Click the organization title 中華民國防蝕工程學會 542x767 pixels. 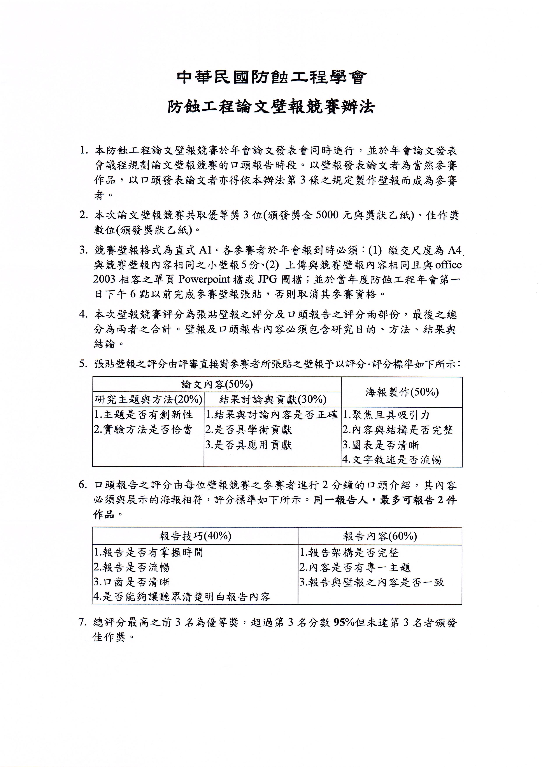click(271, 78)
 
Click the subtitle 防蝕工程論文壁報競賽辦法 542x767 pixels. click(271, 107)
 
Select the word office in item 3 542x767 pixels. click(448, 265)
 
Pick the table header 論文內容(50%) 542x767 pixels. click(217, 384)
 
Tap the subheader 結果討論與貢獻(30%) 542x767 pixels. click(273, 399)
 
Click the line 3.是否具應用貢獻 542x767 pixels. click(249, 445)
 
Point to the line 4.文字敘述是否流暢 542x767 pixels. click(392, 460)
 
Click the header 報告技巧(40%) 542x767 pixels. click(195, 536)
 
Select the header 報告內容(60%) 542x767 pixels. click(380, 536)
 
